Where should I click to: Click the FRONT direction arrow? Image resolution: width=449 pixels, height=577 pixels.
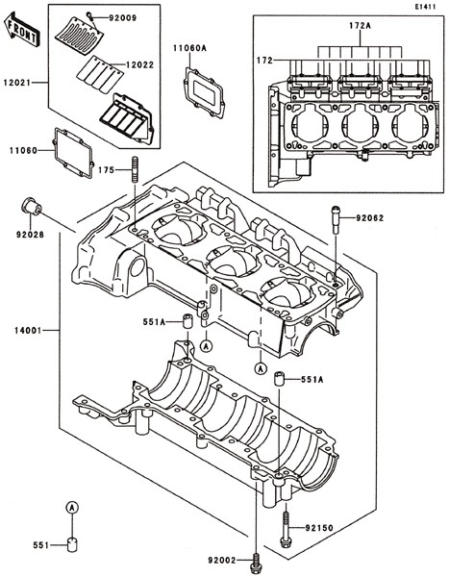20,29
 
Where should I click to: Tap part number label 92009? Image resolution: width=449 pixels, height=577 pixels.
122,17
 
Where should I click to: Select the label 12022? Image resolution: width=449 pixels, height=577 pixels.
139,64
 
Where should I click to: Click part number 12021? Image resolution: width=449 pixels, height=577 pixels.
17,83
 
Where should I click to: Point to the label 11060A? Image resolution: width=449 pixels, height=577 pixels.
189,48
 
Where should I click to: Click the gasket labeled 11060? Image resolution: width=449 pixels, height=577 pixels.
73,153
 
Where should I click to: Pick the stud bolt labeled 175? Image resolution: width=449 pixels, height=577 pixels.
135,169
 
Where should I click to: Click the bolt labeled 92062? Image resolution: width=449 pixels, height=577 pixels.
336,219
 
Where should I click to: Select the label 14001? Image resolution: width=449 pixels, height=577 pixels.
28,330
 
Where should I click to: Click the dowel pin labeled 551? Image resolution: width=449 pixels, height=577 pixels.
72,544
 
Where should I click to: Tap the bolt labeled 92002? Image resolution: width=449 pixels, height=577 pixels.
255,563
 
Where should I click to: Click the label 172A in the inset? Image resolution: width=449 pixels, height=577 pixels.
360,26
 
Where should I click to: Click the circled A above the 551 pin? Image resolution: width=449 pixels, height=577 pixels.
72,507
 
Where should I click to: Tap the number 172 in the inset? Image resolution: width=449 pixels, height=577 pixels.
264,60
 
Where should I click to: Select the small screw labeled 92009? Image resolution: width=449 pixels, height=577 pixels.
89,15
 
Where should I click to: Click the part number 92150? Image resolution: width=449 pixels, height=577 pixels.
319,528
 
